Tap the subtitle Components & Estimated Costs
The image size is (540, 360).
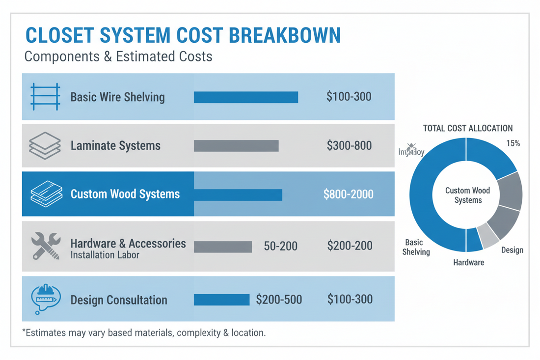point(118,56)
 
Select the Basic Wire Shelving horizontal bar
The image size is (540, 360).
point(246,97)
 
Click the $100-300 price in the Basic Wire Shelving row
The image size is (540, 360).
point(349,96)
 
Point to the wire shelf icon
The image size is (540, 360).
point(45,96)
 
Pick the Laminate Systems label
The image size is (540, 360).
point(115,146)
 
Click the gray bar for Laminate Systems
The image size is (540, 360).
point(236,146)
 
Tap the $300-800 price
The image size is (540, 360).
point(349,146)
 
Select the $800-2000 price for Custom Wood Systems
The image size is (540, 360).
point(349,194)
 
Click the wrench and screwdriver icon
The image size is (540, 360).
point(45,246)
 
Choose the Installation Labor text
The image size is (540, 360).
point(105,255)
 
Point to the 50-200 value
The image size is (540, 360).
point(280,246)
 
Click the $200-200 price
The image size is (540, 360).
point(349,246)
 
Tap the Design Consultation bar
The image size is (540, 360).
point(222,300)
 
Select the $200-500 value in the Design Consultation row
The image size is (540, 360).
point(279,300)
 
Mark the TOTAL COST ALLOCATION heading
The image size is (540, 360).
point(468,128)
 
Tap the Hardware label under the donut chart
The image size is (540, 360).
point(468,262)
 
